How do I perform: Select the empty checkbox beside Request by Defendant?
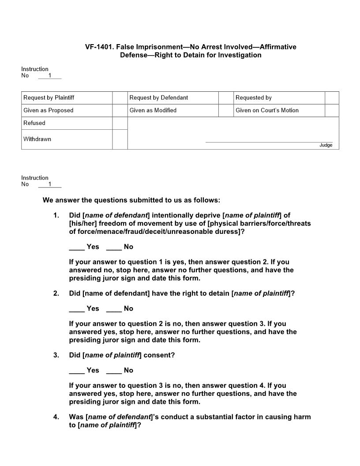(x=226, y=98)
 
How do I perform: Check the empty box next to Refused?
(x=120, y=123)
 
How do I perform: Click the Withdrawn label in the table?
(x=37, y=139)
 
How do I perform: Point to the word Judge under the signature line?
(x=326, y=145)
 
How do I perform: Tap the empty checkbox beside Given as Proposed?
(x=120, y=110)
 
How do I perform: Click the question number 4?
(x=56, y=417)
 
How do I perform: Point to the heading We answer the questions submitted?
(x=131, y=200)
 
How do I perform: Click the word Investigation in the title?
(x=240, y=55)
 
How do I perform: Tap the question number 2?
(x=56, y=293)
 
